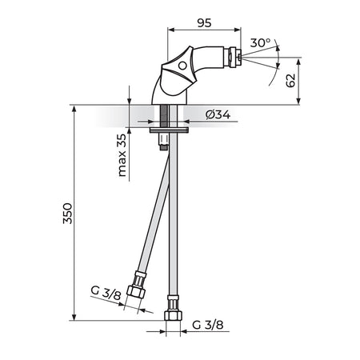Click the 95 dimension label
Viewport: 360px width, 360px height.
[204, 23]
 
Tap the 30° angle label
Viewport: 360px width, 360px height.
[260, 42]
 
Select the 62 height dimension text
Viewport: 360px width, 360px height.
[290, 80]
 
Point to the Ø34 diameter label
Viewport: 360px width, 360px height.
[218, 114]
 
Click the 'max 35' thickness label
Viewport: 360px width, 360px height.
[122, 155]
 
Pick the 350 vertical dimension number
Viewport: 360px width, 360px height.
[67, 214]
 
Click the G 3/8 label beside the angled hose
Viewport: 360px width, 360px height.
[106, 293]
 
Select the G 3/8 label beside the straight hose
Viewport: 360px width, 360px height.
[208, 325]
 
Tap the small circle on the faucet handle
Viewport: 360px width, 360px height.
[182, 66]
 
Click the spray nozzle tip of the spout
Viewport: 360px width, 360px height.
[240, 57]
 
